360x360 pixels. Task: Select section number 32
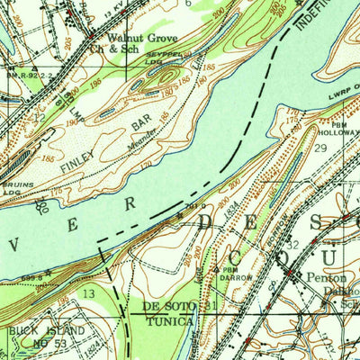coord(292,244)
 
